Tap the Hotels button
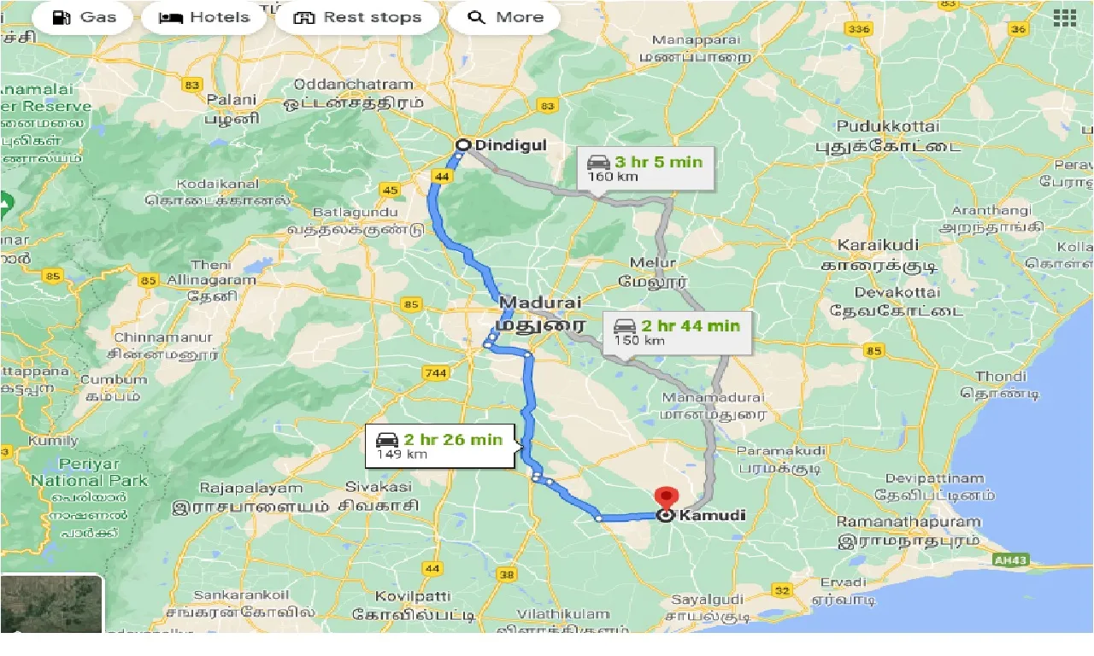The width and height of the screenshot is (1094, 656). [x=204, y=18]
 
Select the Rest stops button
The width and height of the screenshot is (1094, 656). [x=357, y=18]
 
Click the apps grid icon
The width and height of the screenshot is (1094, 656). [x=1064, y=18]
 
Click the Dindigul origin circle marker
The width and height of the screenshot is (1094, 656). [x=462, y=145]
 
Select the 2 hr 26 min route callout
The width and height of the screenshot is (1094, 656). [x=440, y=446]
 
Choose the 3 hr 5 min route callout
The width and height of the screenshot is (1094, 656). [x=645, y=168]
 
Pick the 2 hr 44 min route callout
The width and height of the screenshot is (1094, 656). [x=677, y=332]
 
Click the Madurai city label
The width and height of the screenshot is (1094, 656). [x=539, y=303]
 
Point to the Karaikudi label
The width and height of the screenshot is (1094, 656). [x=878, y=246]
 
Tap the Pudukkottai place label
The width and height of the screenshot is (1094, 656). [x=888, y=126]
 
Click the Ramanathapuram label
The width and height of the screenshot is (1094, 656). [x=909, y=521]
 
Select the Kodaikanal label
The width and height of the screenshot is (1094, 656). [x=218, y=185]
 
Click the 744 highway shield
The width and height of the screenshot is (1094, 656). [x=435, y=372]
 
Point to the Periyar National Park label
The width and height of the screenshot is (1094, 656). [x=89, y=472]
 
